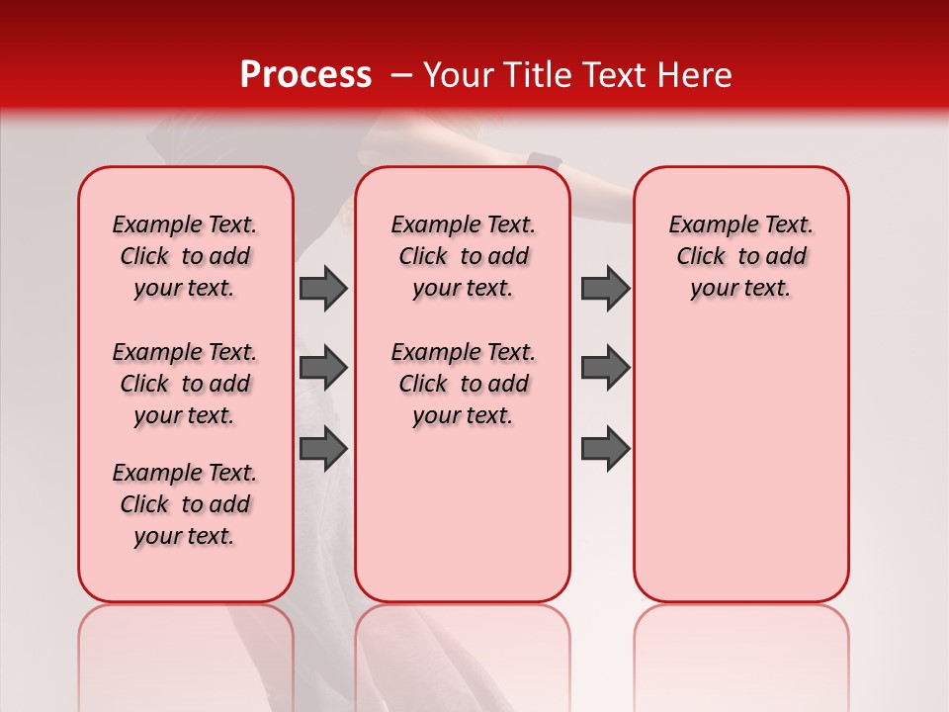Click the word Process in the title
(304, 75)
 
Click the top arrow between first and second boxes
(323, 289)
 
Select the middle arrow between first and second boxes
(323, 368)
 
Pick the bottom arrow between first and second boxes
(323, 448)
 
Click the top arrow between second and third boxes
(605, 289)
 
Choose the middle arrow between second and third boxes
(605, 368)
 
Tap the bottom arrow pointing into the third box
(605, 448)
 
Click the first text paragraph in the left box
(185, 256)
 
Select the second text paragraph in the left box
(185, 384)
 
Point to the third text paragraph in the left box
(185, 504)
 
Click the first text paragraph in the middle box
(463, 256)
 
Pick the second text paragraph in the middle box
(463, 384)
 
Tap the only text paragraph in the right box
(740, 256)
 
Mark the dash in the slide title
(401, 76)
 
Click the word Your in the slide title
(457, 75)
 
